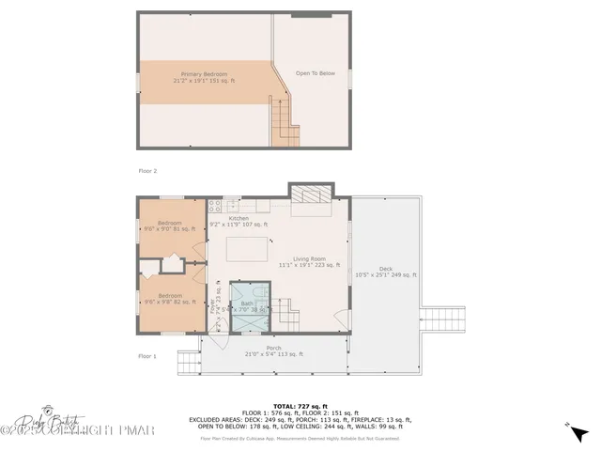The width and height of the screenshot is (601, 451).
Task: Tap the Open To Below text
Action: pyautogui.click(x=316, y=73)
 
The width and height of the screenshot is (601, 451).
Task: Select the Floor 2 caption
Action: pyautogui.click(x=147, y=171)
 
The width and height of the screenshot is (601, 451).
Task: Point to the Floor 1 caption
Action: pyautogui.click(x=147, y=356)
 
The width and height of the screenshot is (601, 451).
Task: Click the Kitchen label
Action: pyautogui.click(x=239, y=218)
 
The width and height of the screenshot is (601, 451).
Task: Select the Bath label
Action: pyautogui.click(x=247, y=303)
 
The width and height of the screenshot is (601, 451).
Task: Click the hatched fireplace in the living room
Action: pyautogui.click(x=310, y=193)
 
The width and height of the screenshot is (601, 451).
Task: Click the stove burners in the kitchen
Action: pyautogui.click(x=214, y=205)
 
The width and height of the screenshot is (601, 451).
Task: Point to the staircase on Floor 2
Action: pyautogui.click(x=285, y=122)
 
